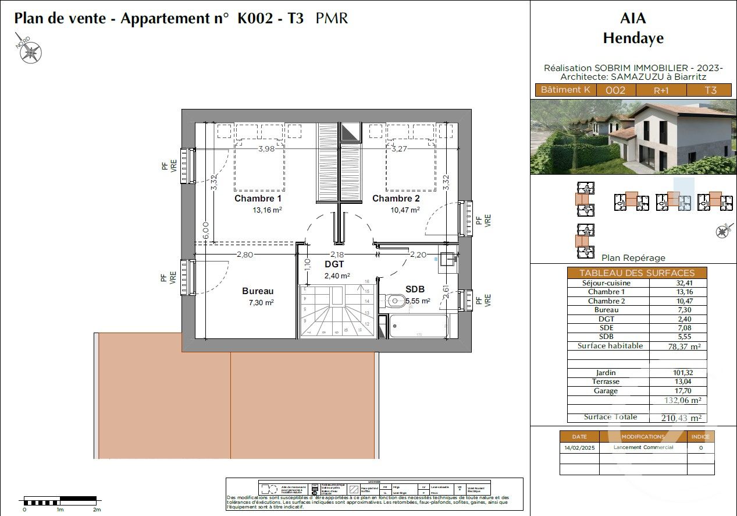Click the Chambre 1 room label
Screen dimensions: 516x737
(x=258, y=199)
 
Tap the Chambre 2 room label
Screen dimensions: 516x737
(x=396, y=199)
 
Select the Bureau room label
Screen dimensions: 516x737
(x=258, y=291)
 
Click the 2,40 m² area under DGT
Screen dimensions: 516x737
(x=337, y=276)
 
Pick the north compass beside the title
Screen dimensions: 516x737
(x=29, y=50)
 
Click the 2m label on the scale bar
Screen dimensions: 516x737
(x=97, y=510)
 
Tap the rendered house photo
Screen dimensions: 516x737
(x=632, y=137)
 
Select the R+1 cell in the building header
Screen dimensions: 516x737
(x=661, y=90)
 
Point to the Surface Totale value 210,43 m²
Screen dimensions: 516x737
(x=681, y=418)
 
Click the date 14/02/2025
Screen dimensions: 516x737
(x=579, y=448)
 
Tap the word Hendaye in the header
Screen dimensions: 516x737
(x=633, y=39)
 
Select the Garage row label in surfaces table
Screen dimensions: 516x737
(x=606, y=391)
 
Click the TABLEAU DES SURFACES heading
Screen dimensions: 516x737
(x=636, y=273)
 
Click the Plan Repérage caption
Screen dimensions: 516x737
(x=633, y=258)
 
